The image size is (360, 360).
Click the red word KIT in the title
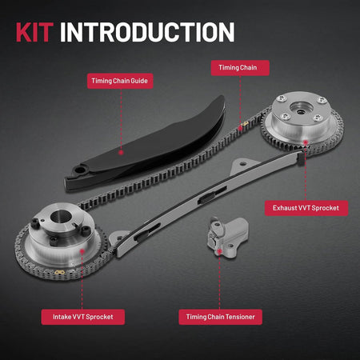pos(34,32)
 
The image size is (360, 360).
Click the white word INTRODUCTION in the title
pos(147,32)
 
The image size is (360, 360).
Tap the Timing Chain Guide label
pos(120,81)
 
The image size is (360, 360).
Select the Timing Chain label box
pos(240,68)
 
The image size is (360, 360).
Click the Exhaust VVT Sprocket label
pos(306,208)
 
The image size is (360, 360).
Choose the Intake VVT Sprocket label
pos(83,317)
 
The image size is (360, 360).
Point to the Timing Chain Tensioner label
pos(220,317)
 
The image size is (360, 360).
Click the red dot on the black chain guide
pos(121,153)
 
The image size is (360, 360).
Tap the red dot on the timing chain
pos(240,129)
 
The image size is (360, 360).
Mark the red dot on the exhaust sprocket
pos(306,142)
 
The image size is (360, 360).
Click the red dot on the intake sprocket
pos(82,251)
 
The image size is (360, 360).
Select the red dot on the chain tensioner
pos(219,251)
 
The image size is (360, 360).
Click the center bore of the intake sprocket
pos(61,216)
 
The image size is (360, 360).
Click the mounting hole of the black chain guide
pos(79,169)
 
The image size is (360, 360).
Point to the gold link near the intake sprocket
pos(60,272)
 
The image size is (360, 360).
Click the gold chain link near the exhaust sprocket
pos(245,124)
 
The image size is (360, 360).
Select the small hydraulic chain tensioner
pos(227,237)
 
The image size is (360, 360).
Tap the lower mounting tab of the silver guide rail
pos(118,238)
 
